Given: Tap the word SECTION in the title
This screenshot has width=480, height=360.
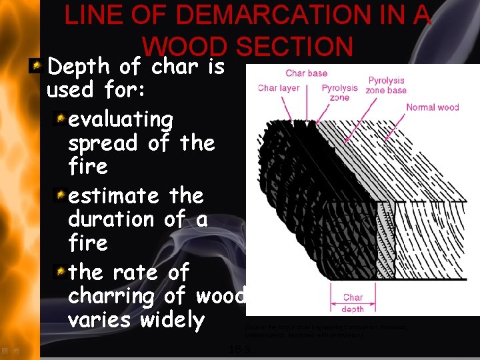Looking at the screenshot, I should [x=293, y=47].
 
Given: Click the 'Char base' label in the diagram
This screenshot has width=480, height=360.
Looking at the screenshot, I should [x=307, y=73].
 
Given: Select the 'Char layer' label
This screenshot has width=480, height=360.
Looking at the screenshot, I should [x=278, y=88].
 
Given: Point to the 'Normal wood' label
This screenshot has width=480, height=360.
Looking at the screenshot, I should [x=433, y=107].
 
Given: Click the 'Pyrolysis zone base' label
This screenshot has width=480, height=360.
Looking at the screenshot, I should [x=387, y=85].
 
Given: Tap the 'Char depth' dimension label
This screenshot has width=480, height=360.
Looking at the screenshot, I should [x=353, y=303].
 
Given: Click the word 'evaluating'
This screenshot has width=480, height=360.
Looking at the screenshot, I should [x=121, y=119].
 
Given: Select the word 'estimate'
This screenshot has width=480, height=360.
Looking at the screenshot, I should [x=114, y=196].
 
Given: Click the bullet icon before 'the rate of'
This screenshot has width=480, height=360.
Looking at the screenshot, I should [x=60, y=271].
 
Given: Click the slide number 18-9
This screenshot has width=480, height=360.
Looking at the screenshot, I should [x=240, y=349].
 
